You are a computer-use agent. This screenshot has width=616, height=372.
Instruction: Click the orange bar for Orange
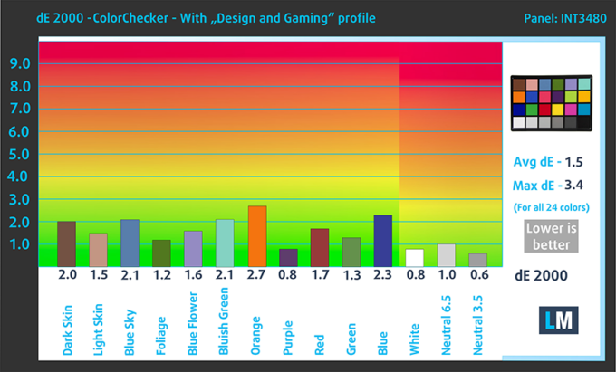point(257,235)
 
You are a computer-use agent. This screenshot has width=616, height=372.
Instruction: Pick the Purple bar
point(288,257)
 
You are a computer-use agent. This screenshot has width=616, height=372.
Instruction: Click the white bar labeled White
point(414,257)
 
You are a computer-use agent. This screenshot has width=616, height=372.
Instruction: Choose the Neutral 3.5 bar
point(477,259)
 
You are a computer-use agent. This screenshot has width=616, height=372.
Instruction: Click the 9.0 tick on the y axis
point(20,63)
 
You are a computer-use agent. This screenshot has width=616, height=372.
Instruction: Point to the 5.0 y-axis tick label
point(20,154)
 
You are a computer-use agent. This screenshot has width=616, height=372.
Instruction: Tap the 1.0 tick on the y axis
point(20,244)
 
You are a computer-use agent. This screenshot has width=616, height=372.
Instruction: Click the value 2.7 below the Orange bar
point(257,274)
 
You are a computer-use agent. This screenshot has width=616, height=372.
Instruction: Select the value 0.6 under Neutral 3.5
point(477,274)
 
